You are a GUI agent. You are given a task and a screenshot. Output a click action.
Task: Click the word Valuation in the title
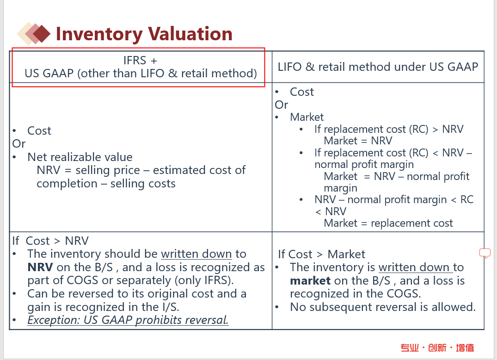tap(190, 34)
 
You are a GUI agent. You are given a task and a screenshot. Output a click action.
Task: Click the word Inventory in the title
tap(99, 34)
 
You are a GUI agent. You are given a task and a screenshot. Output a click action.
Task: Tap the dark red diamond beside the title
tap(42, 33)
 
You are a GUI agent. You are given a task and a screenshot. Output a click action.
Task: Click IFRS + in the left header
tap(140, 60)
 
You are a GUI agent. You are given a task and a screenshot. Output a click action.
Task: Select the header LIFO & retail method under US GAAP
tap(378, 67)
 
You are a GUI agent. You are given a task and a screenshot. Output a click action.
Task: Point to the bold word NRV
tap(40, 267)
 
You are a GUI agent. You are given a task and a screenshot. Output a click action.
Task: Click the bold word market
tap(310, 281)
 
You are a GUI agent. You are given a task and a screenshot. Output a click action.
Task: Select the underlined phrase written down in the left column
tap(196, 254)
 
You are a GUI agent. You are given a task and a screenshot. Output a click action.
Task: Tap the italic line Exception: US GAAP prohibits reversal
tap(128, 320)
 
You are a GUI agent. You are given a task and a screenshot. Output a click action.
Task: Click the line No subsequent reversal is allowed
tap(383, 307)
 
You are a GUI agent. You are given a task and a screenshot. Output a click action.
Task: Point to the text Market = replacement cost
tap(388, 223)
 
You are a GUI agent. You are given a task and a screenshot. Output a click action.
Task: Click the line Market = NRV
tap(358, 141)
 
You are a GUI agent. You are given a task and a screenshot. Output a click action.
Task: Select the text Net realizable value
tap(80, 157)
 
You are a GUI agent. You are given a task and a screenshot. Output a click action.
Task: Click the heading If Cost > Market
tap(321, 254)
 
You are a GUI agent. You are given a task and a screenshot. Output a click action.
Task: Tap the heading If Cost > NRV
tap(50, 241)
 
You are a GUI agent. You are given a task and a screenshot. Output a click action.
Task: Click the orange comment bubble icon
tap(485, 253)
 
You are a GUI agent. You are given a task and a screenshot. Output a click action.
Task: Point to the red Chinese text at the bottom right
tap(437, 348)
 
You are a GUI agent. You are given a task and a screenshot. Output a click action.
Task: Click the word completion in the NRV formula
tap(67, 184)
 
